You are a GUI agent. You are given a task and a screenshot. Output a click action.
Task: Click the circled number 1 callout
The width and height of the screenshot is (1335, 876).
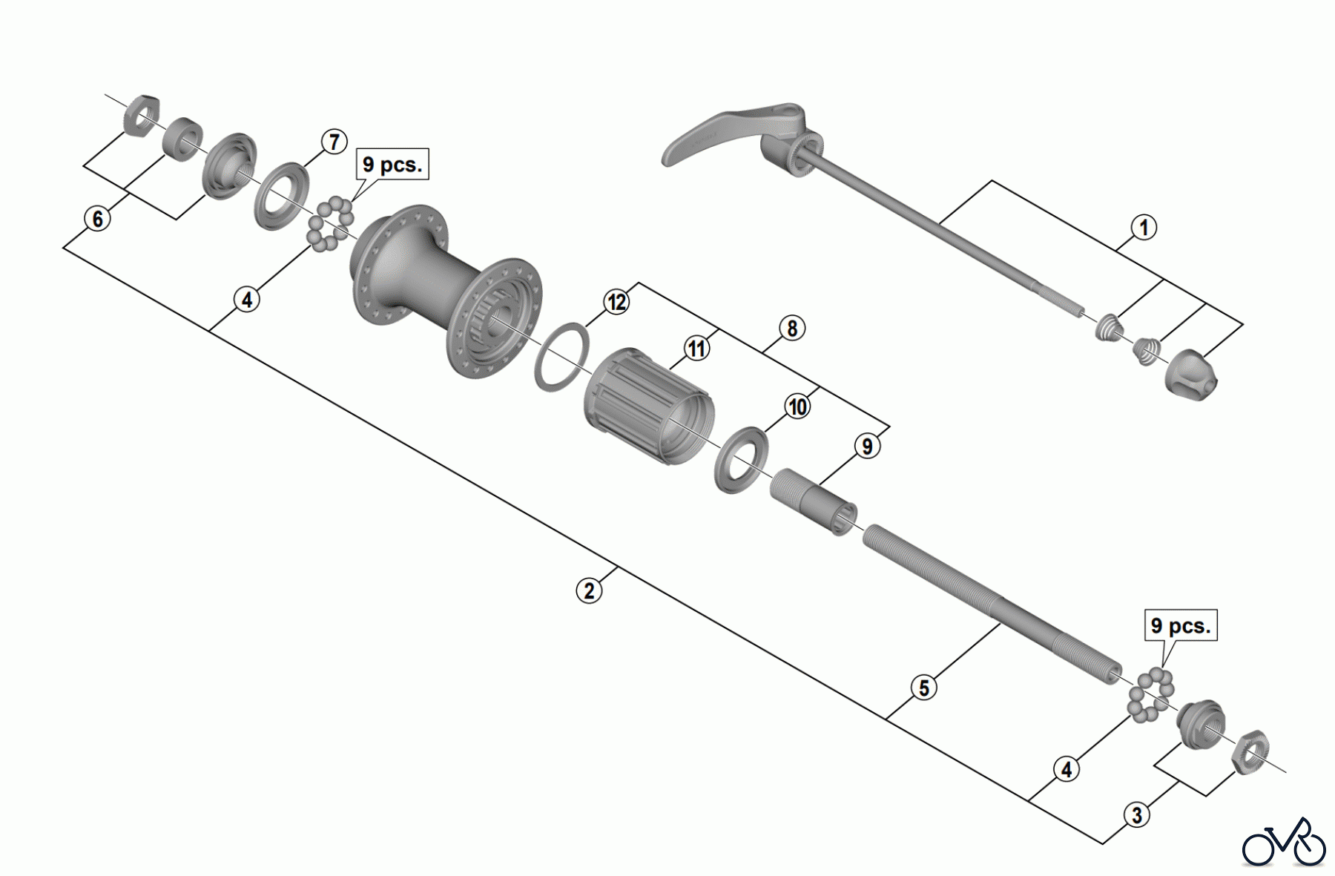tap(1144, 227)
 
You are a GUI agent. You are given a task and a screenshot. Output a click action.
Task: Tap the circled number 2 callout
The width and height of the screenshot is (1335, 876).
tap(589, 590)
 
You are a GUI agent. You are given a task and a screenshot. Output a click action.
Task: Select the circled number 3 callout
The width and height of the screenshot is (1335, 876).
tap(1137, 815)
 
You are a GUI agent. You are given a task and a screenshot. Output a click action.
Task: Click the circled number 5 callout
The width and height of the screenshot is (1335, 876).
tap(923, 688)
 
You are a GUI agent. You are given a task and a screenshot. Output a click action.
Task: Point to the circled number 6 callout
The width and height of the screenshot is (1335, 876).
tap(97, 219)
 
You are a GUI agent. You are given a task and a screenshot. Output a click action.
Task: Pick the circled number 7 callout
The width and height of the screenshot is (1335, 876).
tap(334, 142)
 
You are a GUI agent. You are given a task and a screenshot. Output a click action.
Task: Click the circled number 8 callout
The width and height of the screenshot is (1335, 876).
tap(792, 328)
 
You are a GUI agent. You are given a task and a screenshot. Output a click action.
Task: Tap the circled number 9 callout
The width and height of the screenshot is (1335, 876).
tap(867, 447)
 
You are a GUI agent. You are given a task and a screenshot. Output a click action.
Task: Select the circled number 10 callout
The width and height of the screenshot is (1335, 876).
tap(797, 406)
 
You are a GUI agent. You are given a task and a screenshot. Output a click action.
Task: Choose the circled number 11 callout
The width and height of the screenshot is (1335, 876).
tap(696, 347)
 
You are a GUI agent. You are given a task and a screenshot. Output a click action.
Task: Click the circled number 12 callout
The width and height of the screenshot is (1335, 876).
tap(616, 302)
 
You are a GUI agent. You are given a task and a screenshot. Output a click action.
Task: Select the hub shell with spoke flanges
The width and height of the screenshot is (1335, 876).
tap(445, 289)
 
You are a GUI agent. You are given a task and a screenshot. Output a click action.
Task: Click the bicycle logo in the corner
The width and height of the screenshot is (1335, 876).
tap(1284, 843)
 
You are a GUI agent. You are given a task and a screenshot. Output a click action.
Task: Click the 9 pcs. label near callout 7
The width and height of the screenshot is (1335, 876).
tap(392, 165)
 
